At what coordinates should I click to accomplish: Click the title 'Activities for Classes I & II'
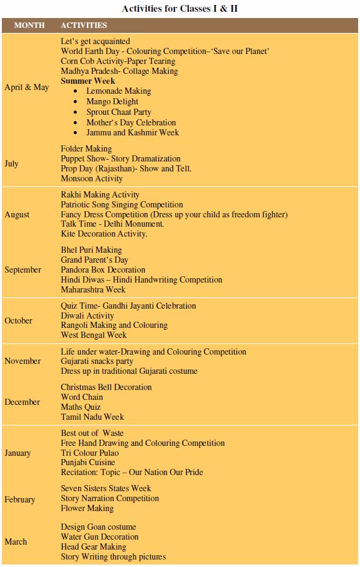(179, 8)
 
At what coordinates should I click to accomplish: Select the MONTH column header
(29, 25)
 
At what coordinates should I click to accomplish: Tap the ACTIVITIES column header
(84, 25)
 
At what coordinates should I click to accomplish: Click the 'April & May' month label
(27, 87)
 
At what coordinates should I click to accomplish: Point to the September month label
(23, 270)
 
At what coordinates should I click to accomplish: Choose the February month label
(20, 499)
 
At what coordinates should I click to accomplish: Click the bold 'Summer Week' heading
(88, 81)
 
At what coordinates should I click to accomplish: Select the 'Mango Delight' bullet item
(112, 101)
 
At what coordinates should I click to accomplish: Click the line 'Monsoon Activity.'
(92, 178)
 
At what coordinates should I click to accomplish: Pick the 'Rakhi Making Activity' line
(100, 195)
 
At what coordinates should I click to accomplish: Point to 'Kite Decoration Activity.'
(104, 234)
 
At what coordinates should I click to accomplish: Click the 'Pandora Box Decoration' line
(103, 270)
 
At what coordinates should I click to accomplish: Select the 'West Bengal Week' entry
(94, 335)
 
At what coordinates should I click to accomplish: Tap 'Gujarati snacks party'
(97, 361)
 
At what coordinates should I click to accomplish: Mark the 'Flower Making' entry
(87, 508)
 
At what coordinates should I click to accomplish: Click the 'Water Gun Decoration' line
(99, 537)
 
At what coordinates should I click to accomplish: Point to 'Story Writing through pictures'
(113, 556)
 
